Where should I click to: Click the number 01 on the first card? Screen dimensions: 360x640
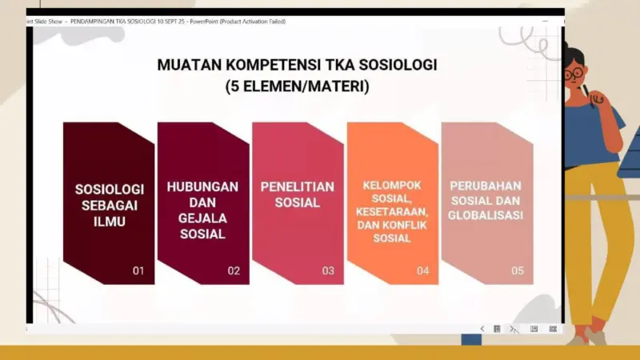point(138,270)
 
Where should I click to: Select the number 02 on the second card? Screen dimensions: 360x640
point(234,270)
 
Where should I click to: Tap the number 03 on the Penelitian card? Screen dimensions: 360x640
point(328,270)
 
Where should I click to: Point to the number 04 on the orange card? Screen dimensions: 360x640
point(422,270)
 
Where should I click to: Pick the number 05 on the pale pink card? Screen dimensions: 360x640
point(518,270)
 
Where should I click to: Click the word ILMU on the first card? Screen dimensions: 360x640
point(110,222)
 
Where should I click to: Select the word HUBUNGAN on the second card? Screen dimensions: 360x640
point(202,186)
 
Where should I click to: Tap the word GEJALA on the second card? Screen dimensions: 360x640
point(202,218)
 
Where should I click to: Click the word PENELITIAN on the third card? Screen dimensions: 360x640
point(298,186)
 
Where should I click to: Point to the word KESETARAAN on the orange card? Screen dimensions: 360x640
point(391,211)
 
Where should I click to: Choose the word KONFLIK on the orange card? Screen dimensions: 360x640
point(406,225)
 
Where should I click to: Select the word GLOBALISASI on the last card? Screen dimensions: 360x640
point(486,215)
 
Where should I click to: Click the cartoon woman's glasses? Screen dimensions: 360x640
point(574,74)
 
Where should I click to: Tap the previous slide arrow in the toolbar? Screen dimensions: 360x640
point(482,329)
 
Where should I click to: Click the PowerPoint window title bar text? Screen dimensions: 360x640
point(156,22)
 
